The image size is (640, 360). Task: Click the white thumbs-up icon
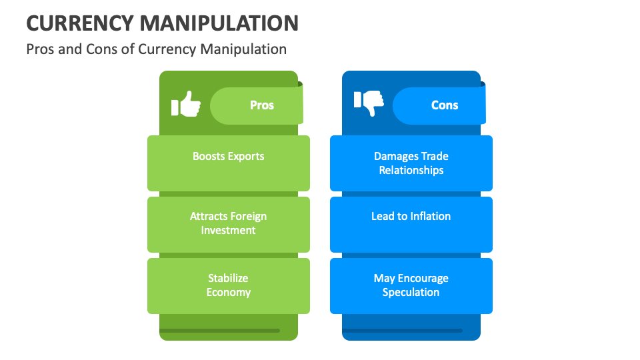point(186,105)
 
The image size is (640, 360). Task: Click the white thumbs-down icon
point(369,103)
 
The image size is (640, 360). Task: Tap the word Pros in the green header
point(261,105)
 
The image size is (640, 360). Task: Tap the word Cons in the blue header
point(445,105)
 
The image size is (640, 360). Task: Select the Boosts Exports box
point(229,163)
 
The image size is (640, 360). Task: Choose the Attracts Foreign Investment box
point(229,224)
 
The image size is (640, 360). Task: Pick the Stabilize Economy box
point(229,285)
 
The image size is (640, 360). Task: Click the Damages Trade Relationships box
point(411,163)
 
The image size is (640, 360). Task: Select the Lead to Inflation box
point(411,224)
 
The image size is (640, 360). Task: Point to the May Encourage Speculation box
point(411,285)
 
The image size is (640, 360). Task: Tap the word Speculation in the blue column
point(411,292)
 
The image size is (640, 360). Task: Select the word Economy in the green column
point(229,292)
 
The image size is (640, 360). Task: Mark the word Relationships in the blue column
point(411,170)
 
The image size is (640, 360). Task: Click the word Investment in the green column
point(229,230)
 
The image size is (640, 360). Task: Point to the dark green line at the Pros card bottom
point(219,331)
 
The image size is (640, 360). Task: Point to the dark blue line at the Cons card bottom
point(402,331)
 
